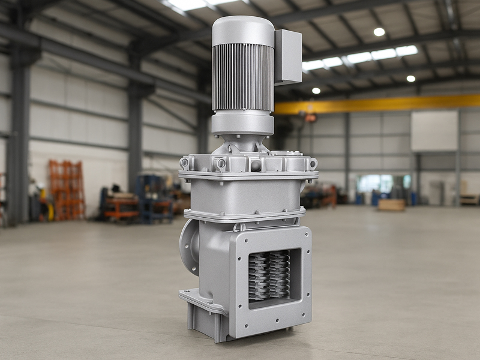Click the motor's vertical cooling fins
click(x=242, y=76)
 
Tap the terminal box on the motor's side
click(x=288, y=57)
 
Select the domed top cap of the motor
click(x=243, y=29)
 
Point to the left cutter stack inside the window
click(x=259, y=275)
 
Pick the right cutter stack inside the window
click(x=279, y=275)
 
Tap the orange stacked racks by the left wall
click(x=67, y=189)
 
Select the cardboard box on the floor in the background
click(x=391, y=205)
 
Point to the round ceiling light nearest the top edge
click(x=379, y=32)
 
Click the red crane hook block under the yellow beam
click(x=310, y=118)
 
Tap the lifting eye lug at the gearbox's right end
click(x=313, y=163)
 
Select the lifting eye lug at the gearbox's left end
click(x=184, y=163)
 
